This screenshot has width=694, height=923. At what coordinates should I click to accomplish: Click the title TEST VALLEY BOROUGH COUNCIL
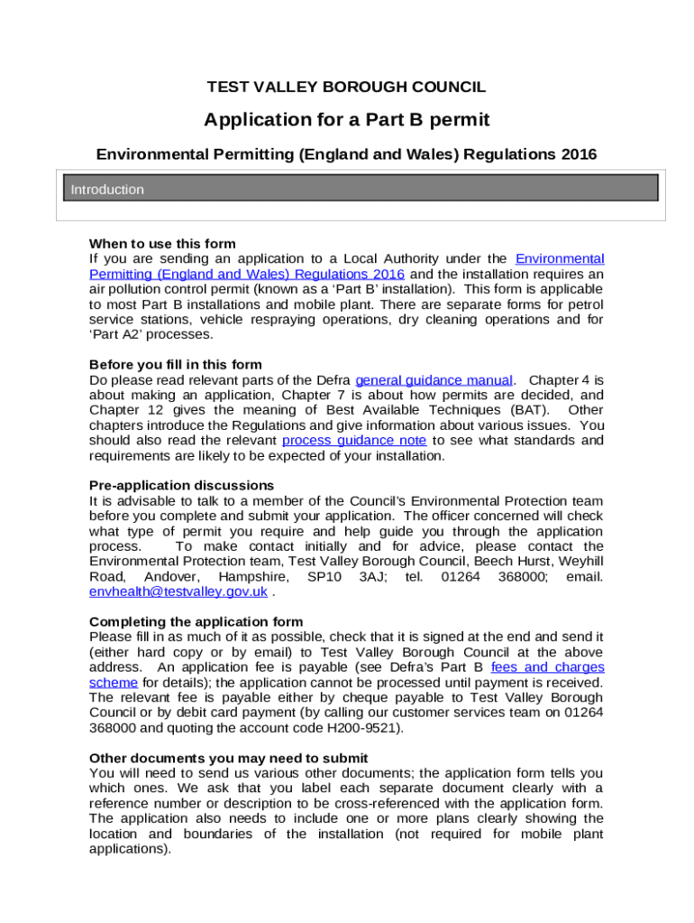346,87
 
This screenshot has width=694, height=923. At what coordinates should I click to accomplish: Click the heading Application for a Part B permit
346,120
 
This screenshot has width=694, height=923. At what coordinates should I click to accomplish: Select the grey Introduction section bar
361,188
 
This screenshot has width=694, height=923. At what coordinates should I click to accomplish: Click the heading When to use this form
162,243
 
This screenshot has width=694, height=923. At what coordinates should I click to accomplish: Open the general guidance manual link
434,380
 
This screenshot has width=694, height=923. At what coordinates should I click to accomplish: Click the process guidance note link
354,441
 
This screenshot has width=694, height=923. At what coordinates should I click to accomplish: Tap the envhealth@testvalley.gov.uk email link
178,592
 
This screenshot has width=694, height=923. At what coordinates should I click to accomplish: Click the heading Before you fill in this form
176,365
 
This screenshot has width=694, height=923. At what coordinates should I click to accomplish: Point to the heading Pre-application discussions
181,486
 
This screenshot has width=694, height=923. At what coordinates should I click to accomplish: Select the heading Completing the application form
196,622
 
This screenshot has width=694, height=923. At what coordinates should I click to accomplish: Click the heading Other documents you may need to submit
228,758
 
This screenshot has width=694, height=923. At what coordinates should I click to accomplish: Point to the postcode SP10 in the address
324,577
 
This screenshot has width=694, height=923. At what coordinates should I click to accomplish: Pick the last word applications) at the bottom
130,849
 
